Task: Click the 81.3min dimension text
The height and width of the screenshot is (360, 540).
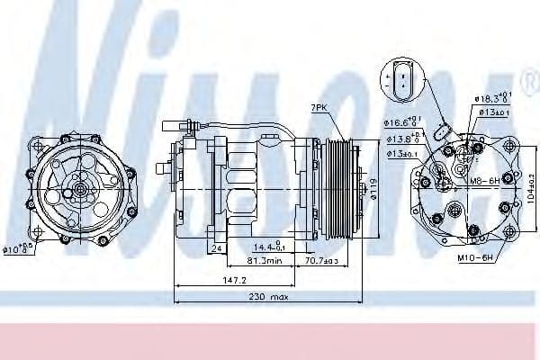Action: point(265,262)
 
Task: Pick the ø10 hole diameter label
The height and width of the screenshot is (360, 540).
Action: point(19,249)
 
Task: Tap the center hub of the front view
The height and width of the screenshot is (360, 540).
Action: point(79,190)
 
